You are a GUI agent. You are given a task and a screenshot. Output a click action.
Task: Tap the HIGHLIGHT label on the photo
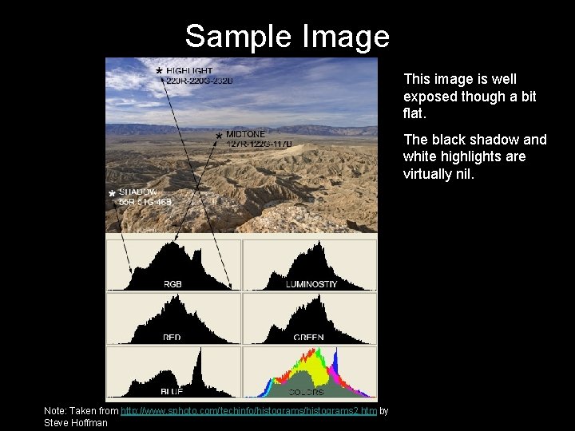(189, 71)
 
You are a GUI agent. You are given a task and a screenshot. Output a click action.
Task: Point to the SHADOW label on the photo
(141, 192)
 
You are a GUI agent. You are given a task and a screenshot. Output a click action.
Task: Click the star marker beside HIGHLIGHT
(159, 72)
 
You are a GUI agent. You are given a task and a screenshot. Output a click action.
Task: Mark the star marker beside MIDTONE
(218, 136)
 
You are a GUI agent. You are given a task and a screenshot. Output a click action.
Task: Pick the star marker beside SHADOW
(112, 194)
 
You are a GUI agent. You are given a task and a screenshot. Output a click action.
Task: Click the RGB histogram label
(172, 284)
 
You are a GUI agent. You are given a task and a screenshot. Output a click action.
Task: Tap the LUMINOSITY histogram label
(311, 284)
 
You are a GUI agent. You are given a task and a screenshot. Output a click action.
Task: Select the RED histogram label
(172, 338)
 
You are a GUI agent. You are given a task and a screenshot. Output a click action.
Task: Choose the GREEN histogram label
(308, 338)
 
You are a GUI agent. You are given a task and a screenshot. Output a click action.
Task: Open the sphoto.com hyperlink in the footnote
(248, 411)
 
